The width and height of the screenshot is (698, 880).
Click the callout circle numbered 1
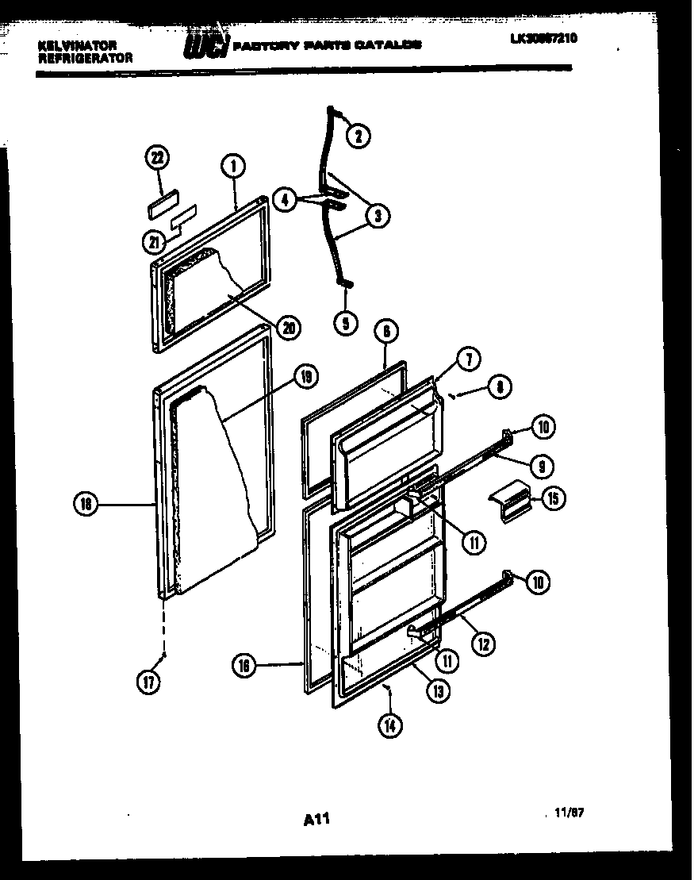pyautogui.click(x=234, y=167)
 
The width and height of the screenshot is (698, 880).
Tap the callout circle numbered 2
pyautogui.click(x=357, y=136)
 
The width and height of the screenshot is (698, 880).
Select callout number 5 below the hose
pyautogui.click(x=345, y=322)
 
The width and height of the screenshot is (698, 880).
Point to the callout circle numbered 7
pyautogui.click(x=468, y=359)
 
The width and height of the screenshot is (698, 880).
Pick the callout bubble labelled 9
pyautogui.click(x=543, y=465)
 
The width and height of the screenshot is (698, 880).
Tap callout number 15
pyautogui.click(x=553, y=498)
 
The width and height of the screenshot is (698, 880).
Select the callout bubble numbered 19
pyautogui.click(x=304, y=378)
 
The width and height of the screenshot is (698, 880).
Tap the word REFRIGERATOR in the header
pyautogui.click(x=85, y=58)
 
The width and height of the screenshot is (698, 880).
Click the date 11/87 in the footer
pyautogui.click(x=570, y=813)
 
